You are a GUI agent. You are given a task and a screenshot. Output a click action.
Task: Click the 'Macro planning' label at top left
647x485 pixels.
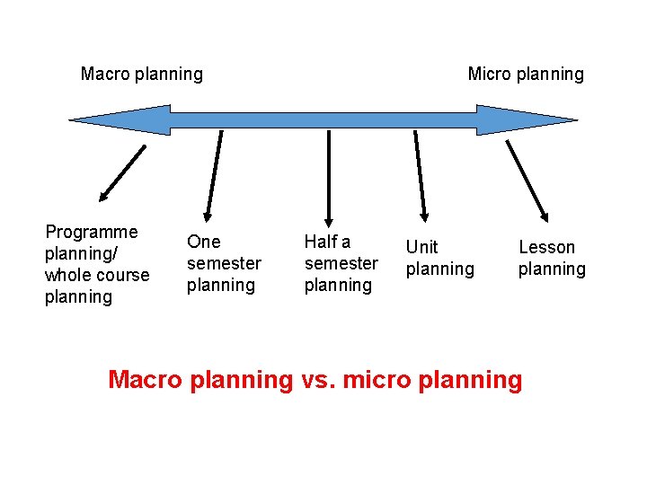[141, 74]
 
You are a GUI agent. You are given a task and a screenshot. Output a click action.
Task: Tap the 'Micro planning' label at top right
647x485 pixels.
[526, 74]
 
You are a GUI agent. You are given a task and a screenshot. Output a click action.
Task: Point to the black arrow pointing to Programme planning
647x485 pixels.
[122, 172]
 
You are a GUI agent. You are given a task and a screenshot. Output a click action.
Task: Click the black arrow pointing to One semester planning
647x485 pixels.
[214, 175]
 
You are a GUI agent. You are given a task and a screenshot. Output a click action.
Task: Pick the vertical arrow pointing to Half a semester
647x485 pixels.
[330, 178]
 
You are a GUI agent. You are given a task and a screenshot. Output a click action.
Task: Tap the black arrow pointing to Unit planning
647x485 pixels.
[421, 176]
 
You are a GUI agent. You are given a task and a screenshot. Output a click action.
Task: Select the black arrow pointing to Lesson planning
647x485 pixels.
[527, 180]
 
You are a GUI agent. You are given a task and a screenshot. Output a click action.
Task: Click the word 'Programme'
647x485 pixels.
[92, 232]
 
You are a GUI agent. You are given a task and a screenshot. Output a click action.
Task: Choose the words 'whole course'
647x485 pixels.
[97, 275]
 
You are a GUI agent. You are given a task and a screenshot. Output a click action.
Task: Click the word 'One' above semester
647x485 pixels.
[203, 242]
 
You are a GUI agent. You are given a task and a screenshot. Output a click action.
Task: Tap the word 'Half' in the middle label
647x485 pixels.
[321, 242]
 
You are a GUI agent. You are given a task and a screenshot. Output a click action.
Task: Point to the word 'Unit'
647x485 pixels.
[421, 247]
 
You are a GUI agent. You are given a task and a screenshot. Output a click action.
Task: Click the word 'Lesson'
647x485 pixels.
[546, 247]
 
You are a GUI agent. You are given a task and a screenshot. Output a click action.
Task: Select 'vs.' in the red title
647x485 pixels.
[317, 379]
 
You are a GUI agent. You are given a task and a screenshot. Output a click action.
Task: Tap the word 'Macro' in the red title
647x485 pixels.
[146, 379]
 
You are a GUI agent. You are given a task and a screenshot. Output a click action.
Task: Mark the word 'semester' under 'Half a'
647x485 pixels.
[341, 263]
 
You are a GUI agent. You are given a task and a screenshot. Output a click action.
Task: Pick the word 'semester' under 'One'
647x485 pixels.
[224, 263]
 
